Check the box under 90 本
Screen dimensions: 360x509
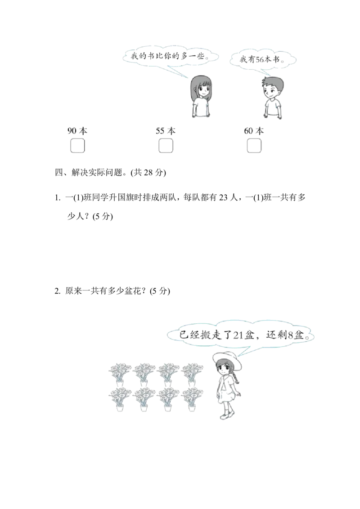coord(77,146)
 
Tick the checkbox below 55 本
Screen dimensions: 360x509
coord(166,146)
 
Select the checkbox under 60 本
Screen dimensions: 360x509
coord(254,146)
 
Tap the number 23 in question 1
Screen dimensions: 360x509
coord(224,197)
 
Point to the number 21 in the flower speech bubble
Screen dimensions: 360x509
coord(238,335)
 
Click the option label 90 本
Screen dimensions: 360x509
coord(77,131)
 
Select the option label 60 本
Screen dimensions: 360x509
coord(254,131)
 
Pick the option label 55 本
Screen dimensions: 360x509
coord(166,131)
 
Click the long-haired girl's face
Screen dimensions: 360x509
coord(202,89)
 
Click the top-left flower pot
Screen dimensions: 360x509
coord(120,375)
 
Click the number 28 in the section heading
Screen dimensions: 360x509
coord(148,172)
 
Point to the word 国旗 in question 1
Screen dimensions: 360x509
coord(126,197)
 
